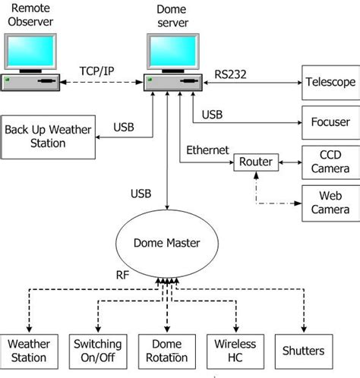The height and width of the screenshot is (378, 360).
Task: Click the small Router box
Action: point(255,162)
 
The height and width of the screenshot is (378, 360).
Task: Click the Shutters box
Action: point(302,350)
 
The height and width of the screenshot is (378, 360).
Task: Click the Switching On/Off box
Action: point(98,350)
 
